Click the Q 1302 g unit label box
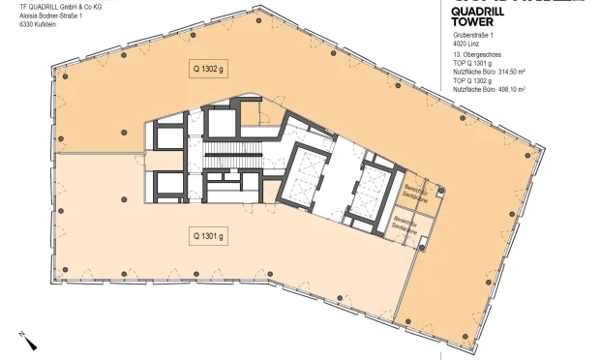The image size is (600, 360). point(207,69)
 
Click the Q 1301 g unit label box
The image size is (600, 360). point(208,235)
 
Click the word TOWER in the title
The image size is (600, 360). point(472,21)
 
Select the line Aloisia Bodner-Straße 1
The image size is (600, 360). point(54,15)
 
